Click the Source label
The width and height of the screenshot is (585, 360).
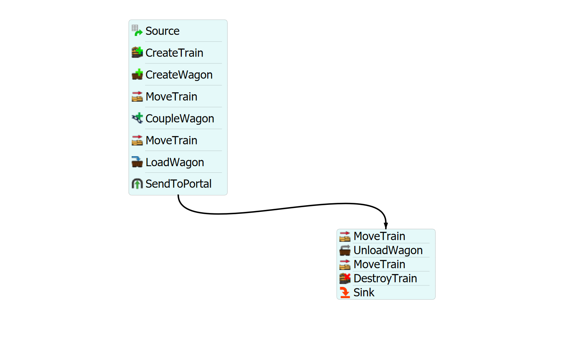(x=162, y=31)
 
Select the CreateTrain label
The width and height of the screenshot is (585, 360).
(x=174, y=53)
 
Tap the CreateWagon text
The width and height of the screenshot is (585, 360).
(x=179, y=75)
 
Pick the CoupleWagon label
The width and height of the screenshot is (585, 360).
(x=179, y=118)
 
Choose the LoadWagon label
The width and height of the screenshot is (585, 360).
(x=174, y=162)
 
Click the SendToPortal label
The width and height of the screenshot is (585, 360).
(x=178, y=184)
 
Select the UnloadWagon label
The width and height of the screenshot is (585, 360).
(x=388, y=250)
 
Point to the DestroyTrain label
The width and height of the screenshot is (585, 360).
(x=385, y=278)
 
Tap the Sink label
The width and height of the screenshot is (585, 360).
(x=364, y=292)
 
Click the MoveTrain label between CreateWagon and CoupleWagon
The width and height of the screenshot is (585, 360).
(x=171, y=97)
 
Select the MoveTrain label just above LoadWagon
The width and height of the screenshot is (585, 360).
(x=171, y=140)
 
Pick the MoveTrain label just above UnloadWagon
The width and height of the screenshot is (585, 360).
(x=379, y=236)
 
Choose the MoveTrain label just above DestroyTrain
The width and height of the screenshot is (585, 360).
(x=379, y=264)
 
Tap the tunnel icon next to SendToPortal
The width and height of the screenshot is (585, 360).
(x=137, y=184)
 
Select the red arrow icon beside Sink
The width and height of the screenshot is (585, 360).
(x=345, y=292)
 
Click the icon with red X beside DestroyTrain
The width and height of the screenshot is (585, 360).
(x=345, y=278)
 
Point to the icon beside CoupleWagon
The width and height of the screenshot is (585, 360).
(x=137, y=118)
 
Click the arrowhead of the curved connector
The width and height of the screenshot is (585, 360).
(x=386, y=226)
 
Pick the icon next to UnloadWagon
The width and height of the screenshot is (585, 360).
(x=345, y=250)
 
